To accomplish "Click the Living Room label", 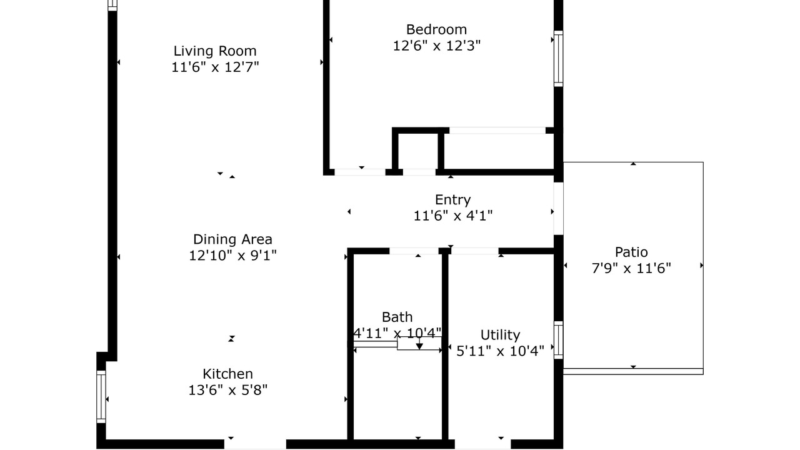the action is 215,51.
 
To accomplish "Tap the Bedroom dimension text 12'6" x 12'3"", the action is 437,46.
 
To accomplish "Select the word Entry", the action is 453,200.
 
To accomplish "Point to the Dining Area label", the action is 232,239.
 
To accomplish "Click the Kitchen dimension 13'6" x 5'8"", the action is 228,390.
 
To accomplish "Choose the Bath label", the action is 397,317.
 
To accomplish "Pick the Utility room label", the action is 500,335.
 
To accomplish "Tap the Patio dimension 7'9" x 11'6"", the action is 631,268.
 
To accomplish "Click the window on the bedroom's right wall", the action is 559,59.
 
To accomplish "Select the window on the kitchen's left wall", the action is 101,396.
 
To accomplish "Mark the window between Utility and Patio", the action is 559,339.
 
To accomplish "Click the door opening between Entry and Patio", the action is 559,209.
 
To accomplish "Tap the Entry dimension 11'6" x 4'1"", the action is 453,216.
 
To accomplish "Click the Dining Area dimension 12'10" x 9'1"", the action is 232,256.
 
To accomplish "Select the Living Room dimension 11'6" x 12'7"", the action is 215,67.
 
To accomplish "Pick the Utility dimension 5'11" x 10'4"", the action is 500,351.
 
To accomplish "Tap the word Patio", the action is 631,252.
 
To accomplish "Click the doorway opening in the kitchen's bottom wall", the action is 255,444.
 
